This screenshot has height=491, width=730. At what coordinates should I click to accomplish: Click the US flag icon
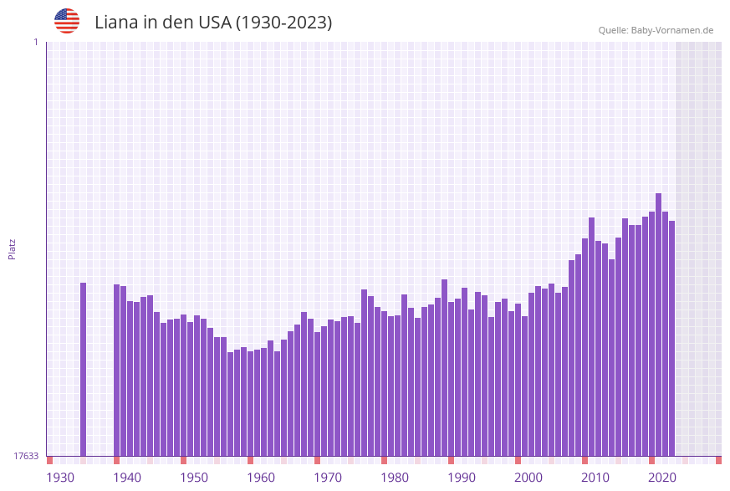click(x=67, y=21)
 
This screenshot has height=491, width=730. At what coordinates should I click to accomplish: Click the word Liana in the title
click(x=116, y=23)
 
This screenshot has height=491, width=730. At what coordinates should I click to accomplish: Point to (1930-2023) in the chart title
click(x=283, y=23)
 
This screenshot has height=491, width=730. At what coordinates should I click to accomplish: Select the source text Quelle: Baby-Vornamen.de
click(x=656, y=30)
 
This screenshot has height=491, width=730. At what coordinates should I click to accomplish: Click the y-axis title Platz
click(x=12, y=248)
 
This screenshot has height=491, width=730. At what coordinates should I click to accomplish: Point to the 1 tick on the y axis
click(x=35, y=42)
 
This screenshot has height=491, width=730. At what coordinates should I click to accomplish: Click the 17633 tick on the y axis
click(x=26, y=456)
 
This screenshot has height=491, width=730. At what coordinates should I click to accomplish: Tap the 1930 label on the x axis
click(x=60, y=478)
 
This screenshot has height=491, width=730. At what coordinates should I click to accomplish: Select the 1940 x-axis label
click(x=127, y=478)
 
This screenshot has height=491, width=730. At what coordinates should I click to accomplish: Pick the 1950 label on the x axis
click(x=194, y=478)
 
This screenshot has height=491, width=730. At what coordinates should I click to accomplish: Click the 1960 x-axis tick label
click(x=261, y=478)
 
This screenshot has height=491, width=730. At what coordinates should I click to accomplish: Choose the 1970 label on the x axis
click(x=328, y=478)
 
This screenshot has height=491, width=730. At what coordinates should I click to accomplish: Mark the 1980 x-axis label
click(x=395, y=478)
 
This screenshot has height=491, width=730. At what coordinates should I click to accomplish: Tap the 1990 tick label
click(x=462, y=478)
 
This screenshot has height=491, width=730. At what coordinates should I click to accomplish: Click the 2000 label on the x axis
click(x=528, y=478)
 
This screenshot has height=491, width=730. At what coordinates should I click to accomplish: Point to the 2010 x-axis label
click(x=595, y=478)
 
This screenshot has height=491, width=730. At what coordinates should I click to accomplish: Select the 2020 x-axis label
click(x=662, y=478)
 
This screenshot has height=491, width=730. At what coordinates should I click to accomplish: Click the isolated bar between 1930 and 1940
click(x=84, y=368)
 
